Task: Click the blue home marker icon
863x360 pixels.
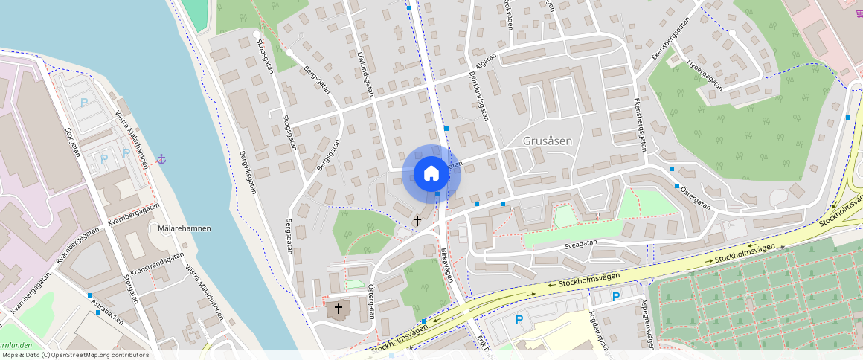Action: click(431, 174)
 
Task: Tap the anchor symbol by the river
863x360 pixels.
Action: click(160, 158)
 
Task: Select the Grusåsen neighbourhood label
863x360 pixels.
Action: click(548, 141)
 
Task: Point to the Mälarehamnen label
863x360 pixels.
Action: click(185, 228)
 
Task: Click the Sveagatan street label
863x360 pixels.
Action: click(580, 242)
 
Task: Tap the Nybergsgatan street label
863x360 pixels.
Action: click(705, 75)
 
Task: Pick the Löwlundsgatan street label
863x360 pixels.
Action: click(365, 74)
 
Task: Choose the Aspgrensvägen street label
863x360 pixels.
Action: click(647, 325)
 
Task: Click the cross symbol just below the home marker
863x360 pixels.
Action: click(417, 220)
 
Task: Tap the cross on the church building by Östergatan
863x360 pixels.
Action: click(339, 307)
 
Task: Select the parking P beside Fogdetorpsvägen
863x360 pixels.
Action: click(616, 297)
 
